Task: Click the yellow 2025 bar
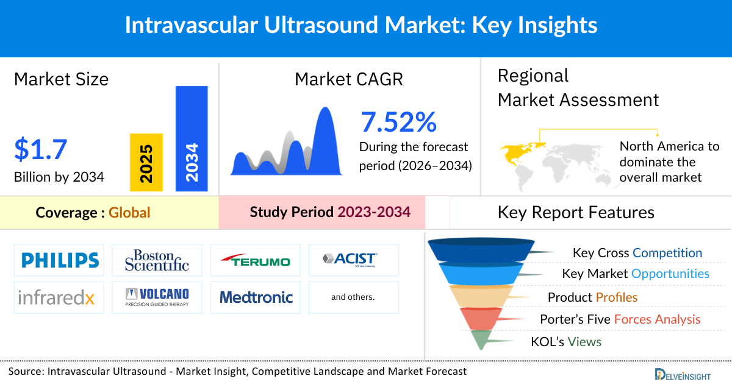click(146, 162)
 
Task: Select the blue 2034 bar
click(192, 138)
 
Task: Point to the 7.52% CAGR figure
click(398, 122)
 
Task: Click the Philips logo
click(60, 260)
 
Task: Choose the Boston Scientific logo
click(157, 260)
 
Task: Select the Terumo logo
click(255, 261)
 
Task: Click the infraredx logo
click(56, 297)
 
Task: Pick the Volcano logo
click(157, 297)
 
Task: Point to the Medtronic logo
click(256, 297)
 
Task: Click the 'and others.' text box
click(353, 297)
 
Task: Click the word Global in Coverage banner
click(129, 213)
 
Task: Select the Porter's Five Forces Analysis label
click(620, 319)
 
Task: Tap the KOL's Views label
click(566, 342)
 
